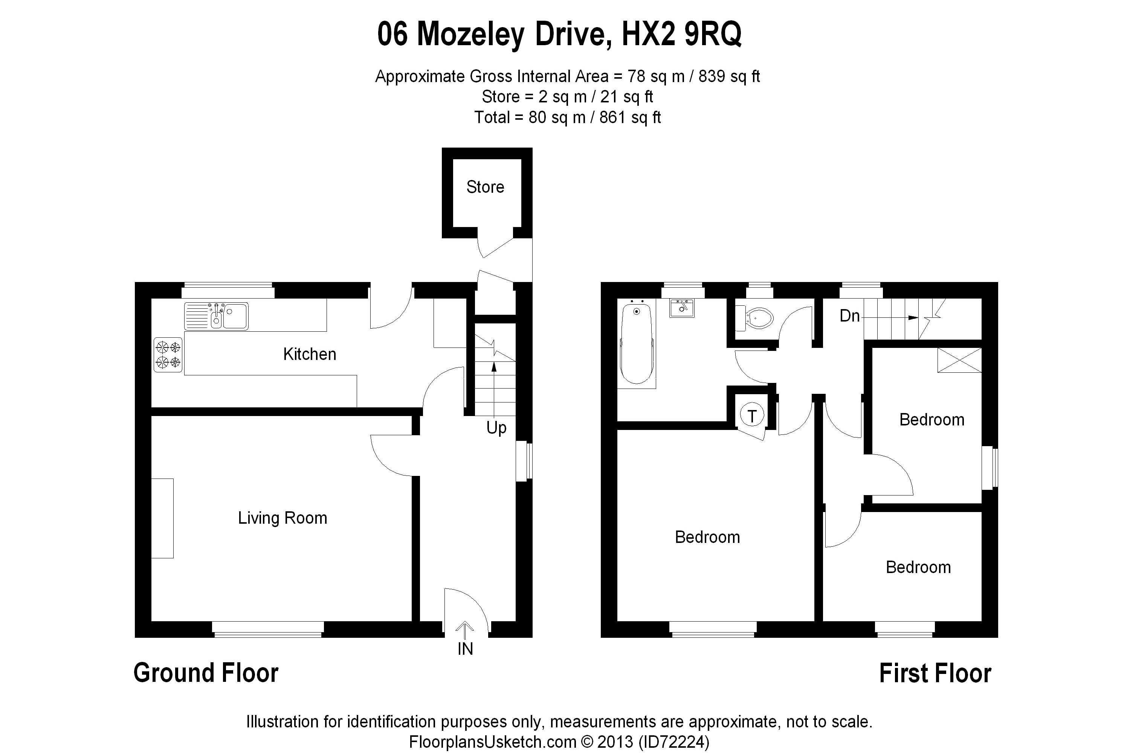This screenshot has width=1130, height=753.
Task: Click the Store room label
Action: (x=485, y=187)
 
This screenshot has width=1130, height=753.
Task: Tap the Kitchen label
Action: (x=309, y=354)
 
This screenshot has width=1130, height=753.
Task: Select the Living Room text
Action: (x=282, y=518)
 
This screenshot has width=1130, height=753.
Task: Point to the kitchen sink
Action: (x=216, y=316)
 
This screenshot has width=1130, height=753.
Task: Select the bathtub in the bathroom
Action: (x=637, y=343)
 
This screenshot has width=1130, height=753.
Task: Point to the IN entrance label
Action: (x=465, y=649)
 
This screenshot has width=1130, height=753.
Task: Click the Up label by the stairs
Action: (x=496, y=428)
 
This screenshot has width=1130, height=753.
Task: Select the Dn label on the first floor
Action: (x=849, y=316)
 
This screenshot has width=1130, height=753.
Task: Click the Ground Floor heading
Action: (x=206, y=673)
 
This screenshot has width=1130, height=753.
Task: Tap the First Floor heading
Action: (x=935, y=673)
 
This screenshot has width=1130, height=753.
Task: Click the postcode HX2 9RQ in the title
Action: (x=682, y=35)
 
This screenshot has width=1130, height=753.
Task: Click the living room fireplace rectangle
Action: (x=162, y=518)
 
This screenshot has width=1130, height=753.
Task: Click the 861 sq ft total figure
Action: (x=630, y=117)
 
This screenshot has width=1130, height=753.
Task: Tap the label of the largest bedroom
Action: (x=707, y=537)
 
